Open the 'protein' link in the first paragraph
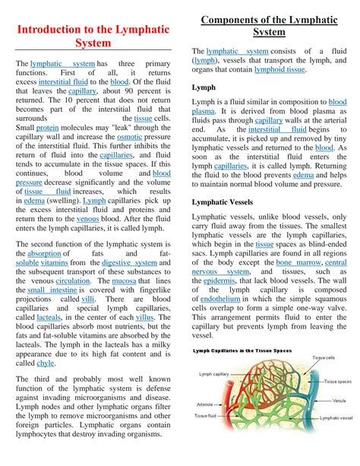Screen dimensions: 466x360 pos(47,128)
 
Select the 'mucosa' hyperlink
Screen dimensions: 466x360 pos(125,280)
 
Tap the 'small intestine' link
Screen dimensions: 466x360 pos(52,290)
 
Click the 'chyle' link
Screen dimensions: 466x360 pos(46,363)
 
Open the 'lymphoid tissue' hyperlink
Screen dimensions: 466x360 pos(280,68)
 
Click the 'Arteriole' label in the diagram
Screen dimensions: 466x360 pos(204,404)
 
